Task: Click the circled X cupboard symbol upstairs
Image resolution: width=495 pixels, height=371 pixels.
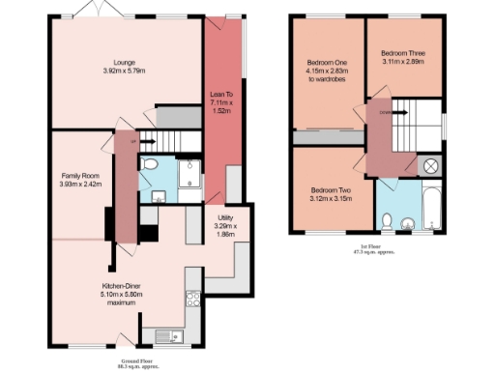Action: click(x=430, y=165)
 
